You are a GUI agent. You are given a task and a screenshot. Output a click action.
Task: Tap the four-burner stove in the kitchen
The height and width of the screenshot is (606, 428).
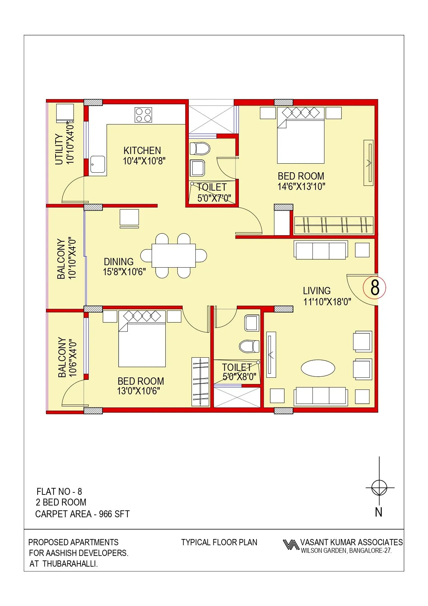143,115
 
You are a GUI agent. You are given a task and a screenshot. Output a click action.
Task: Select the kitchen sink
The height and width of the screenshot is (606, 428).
98,165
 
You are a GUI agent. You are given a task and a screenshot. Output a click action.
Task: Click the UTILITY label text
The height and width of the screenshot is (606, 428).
59,149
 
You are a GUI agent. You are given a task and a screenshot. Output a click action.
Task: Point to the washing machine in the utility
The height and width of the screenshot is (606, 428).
65,113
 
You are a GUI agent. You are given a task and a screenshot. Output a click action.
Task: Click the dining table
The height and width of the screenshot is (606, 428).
174,256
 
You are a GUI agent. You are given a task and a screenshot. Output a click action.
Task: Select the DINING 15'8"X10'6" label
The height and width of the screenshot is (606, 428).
124,267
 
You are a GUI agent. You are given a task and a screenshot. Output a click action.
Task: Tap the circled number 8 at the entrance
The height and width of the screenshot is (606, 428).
374,287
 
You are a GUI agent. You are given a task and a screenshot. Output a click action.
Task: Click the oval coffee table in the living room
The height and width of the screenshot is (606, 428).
318,368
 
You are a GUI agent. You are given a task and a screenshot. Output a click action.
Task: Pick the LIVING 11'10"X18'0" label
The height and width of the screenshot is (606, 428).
326,296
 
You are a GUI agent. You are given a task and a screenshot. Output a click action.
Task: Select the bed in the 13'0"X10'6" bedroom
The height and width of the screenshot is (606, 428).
142,342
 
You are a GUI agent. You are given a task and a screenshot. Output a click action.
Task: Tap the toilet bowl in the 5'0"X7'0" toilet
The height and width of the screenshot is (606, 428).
200,148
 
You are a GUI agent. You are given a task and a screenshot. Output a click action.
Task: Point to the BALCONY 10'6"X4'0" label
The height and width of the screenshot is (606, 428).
67,357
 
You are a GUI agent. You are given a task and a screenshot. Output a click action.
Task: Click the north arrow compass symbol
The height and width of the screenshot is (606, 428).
379,488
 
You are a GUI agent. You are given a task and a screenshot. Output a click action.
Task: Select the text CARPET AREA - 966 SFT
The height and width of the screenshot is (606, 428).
82,514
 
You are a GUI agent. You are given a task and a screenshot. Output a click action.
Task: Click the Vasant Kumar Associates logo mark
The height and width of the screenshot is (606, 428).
291,545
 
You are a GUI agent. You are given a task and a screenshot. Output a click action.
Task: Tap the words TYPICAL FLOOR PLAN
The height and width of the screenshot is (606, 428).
219,542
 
